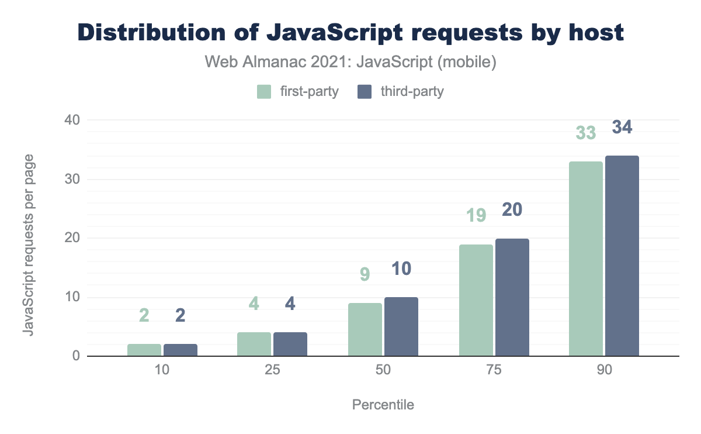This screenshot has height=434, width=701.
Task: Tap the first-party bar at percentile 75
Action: coord(476,300)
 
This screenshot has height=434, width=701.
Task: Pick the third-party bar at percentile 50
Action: coord(401,326)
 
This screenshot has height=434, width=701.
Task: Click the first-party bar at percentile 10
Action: coord(144,350)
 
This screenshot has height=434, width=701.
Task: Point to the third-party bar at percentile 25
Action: coord(290,344)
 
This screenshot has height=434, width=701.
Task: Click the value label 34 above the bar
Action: coord(622,128)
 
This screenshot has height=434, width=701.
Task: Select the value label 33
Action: coord(586,133)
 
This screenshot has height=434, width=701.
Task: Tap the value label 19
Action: coord(476,216)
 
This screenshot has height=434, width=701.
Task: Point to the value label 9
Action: coord(365,274)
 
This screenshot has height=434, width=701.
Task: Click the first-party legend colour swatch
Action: coord(264,92)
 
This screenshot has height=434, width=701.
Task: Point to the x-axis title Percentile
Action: coord(383,405)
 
